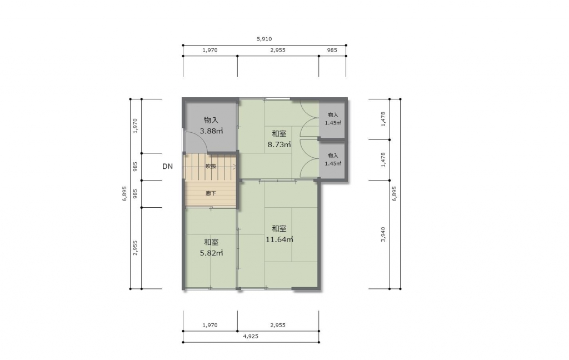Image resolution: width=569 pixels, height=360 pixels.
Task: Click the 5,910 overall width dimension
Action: click(264, 39)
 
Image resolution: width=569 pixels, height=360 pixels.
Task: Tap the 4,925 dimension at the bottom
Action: click(251, 337)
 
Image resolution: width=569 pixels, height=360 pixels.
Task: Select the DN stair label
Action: click(167, 167)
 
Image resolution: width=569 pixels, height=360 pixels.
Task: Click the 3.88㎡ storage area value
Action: click(212, 131)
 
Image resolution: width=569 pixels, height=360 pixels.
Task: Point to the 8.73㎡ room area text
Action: click(279, 144)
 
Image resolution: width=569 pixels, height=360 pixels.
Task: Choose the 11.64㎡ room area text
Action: click(279, 239)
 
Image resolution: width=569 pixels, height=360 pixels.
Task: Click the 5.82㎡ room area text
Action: click(212, 253)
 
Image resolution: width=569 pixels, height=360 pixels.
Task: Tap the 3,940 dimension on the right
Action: click(383, 234)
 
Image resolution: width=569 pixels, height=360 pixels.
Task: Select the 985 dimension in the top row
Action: click(332, 50)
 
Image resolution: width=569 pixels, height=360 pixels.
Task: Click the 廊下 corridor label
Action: click(211, 193)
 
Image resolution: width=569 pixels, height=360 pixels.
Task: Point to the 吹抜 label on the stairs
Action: click(211, 166)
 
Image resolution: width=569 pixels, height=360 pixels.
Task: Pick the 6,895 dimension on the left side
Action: click(124, 194)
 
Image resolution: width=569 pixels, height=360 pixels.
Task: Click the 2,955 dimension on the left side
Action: click(136, 248)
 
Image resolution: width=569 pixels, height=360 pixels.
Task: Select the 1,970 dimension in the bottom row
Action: click(210, 325)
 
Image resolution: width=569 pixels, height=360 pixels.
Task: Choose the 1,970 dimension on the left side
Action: click(136, 126)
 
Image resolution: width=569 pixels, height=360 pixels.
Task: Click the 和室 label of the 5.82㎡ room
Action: click(211, 242)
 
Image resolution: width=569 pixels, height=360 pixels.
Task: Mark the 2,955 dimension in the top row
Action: click(278, 50)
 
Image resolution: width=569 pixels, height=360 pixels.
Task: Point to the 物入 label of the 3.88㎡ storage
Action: click(211, 120)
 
